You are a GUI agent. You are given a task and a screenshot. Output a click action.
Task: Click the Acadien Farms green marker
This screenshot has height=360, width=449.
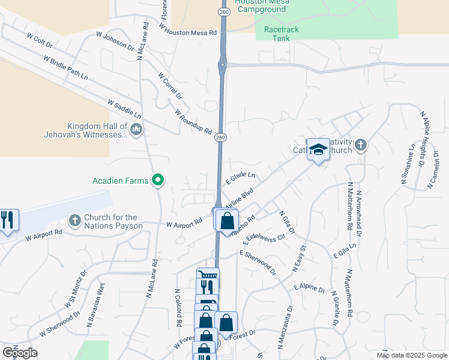pos(158,179)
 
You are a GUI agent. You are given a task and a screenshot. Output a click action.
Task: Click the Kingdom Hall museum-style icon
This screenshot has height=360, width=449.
pos(136,129)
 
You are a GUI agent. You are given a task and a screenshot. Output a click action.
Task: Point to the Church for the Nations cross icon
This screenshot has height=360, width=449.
pos(74,221)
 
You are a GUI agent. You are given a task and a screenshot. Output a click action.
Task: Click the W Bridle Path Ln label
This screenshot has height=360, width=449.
pos(65,68)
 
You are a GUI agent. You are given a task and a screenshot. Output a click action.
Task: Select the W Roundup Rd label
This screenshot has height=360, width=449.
pos(193,122)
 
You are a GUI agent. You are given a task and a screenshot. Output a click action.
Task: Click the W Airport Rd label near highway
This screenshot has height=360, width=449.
pos(184,224)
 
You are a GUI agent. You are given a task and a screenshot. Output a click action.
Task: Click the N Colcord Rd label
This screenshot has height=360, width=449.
pos(178,308)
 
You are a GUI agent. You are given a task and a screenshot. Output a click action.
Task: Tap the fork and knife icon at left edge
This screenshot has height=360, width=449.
pos(7,220)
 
